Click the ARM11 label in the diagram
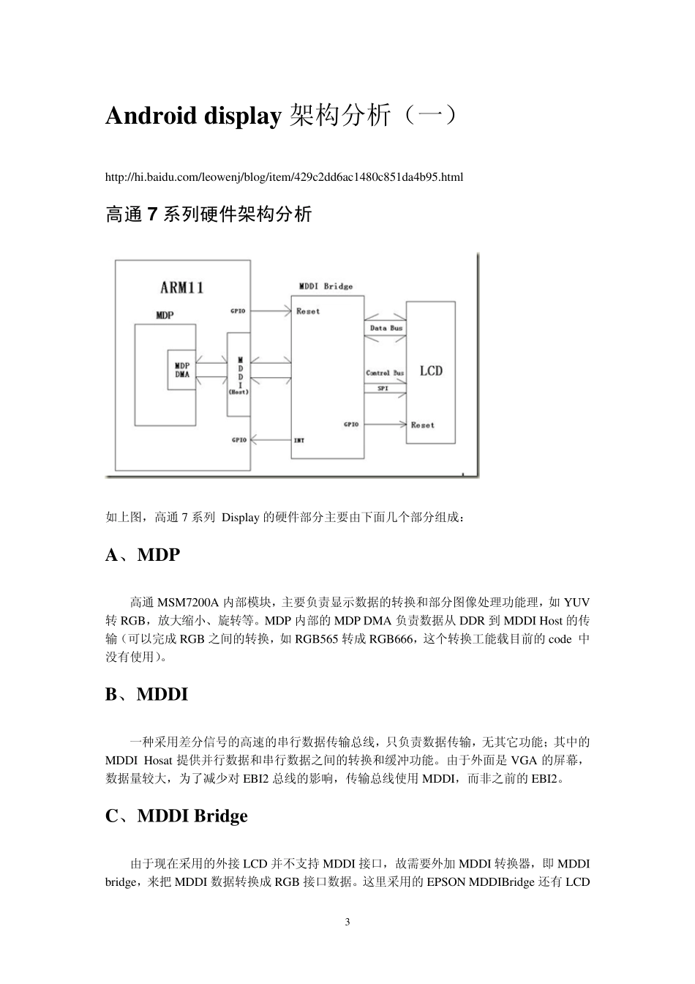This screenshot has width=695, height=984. coord(181,287)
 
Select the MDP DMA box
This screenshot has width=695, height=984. coord(181,369)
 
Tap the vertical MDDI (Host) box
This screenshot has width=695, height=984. coord(238,374)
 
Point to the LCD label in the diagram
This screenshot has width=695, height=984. coord(431,371)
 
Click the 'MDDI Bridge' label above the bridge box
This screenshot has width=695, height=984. coord(326,286)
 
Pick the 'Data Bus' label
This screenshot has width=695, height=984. coord(386,328)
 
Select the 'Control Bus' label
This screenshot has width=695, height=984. coord(385,373)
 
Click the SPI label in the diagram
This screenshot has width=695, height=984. coord(383,388)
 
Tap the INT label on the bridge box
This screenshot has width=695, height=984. coord(299,440)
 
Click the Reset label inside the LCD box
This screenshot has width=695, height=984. coord(422,425)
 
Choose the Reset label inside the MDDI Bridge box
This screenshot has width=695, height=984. coord(308,311)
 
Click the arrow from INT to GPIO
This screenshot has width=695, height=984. coord(271,440)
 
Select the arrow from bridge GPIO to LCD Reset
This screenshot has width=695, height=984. coord(385,424)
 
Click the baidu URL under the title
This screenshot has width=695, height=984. coord(284,177)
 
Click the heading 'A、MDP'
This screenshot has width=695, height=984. coord(143,555)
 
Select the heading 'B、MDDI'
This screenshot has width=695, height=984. coord(146,694)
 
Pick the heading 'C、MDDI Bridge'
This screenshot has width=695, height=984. coord(176,816)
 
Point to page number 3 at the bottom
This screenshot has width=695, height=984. coord(347,922)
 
